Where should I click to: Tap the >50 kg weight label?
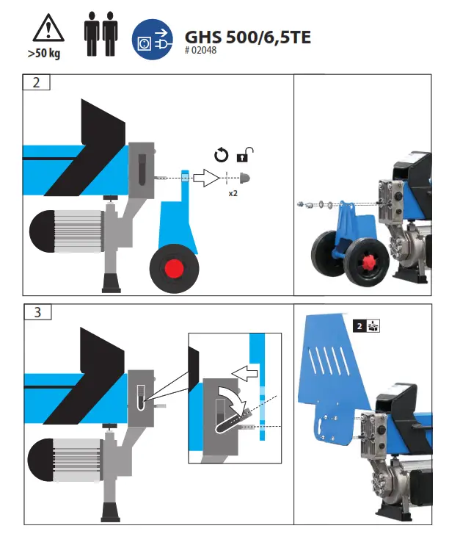[x=45, y=54]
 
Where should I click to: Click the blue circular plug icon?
[x=150, y=38]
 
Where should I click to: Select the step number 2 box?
[x=37, y=81]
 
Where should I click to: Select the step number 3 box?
[x=37, y=311]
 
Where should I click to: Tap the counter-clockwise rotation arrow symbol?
[x=221, y=155]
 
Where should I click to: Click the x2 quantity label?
[x=233, y=193]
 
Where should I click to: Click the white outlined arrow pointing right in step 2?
[x=206, y=177]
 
